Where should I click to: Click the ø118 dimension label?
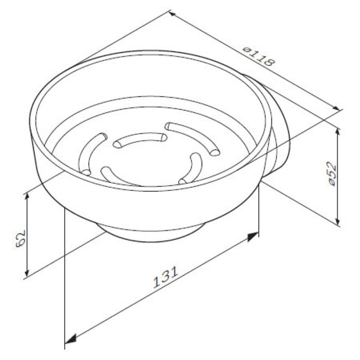258,57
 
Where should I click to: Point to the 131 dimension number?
165,277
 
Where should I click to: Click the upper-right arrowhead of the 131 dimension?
253,237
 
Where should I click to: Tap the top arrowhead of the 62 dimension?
27,198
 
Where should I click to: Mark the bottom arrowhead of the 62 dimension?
27,272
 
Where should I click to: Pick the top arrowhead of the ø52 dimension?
337,133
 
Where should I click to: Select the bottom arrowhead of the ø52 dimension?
337,220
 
